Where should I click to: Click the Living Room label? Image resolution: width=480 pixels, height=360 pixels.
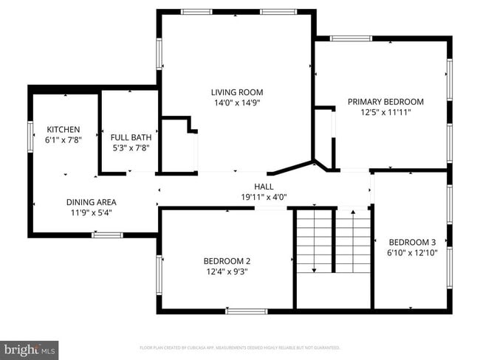233,92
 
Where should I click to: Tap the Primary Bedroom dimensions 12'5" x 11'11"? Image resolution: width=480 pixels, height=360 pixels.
385,113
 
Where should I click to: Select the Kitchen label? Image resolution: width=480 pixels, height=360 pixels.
64,129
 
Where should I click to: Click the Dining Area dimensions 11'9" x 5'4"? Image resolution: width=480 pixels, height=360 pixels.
92,212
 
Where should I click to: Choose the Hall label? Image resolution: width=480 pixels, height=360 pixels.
264,187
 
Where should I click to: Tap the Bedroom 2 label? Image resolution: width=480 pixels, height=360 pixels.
227,260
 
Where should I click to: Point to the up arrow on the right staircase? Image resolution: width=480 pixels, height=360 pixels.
354,215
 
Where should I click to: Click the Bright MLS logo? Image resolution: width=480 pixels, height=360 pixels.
30,348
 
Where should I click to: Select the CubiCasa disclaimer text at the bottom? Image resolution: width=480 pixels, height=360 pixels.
239,347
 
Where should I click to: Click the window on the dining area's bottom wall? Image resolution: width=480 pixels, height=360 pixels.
107,235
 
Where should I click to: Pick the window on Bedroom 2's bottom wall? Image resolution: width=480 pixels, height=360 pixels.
247,311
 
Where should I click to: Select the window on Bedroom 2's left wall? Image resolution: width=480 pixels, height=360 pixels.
158,274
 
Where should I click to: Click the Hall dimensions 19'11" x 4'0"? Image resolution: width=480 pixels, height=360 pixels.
264,197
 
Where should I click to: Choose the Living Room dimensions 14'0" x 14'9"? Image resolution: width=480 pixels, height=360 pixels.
233,103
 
